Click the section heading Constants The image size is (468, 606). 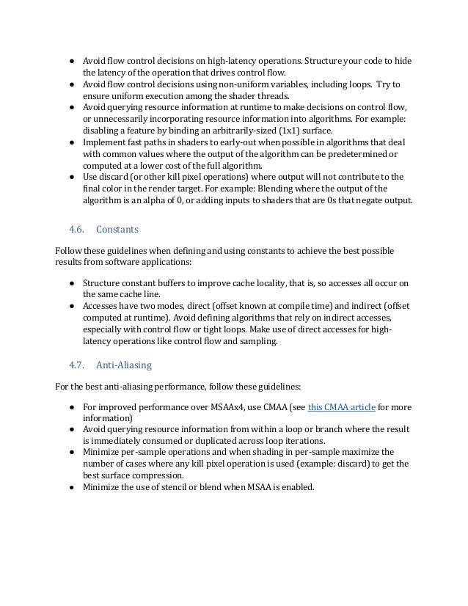tap(117, 229)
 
